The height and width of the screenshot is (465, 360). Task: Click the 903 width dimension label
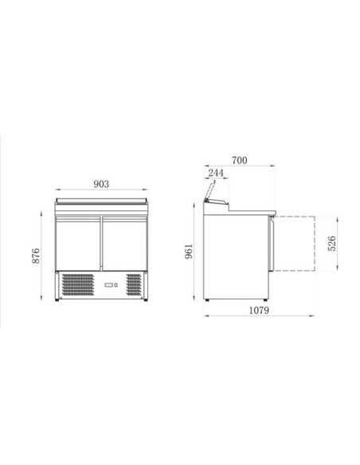(101, 184)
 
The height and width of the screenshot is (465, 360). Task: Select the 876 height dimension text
(30, 256)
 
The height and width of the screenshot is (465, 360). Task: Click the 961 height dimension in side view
(188, 252)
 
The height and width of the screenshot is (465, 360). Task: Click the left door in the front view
(78, 244)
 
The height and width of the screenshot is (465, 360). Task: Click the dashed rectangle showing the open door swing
(297, 242)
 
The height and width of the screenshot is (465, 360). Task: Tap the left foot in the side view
(209, 299)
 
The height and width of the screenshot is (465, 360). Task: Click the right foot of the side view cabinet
(268, 299)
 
